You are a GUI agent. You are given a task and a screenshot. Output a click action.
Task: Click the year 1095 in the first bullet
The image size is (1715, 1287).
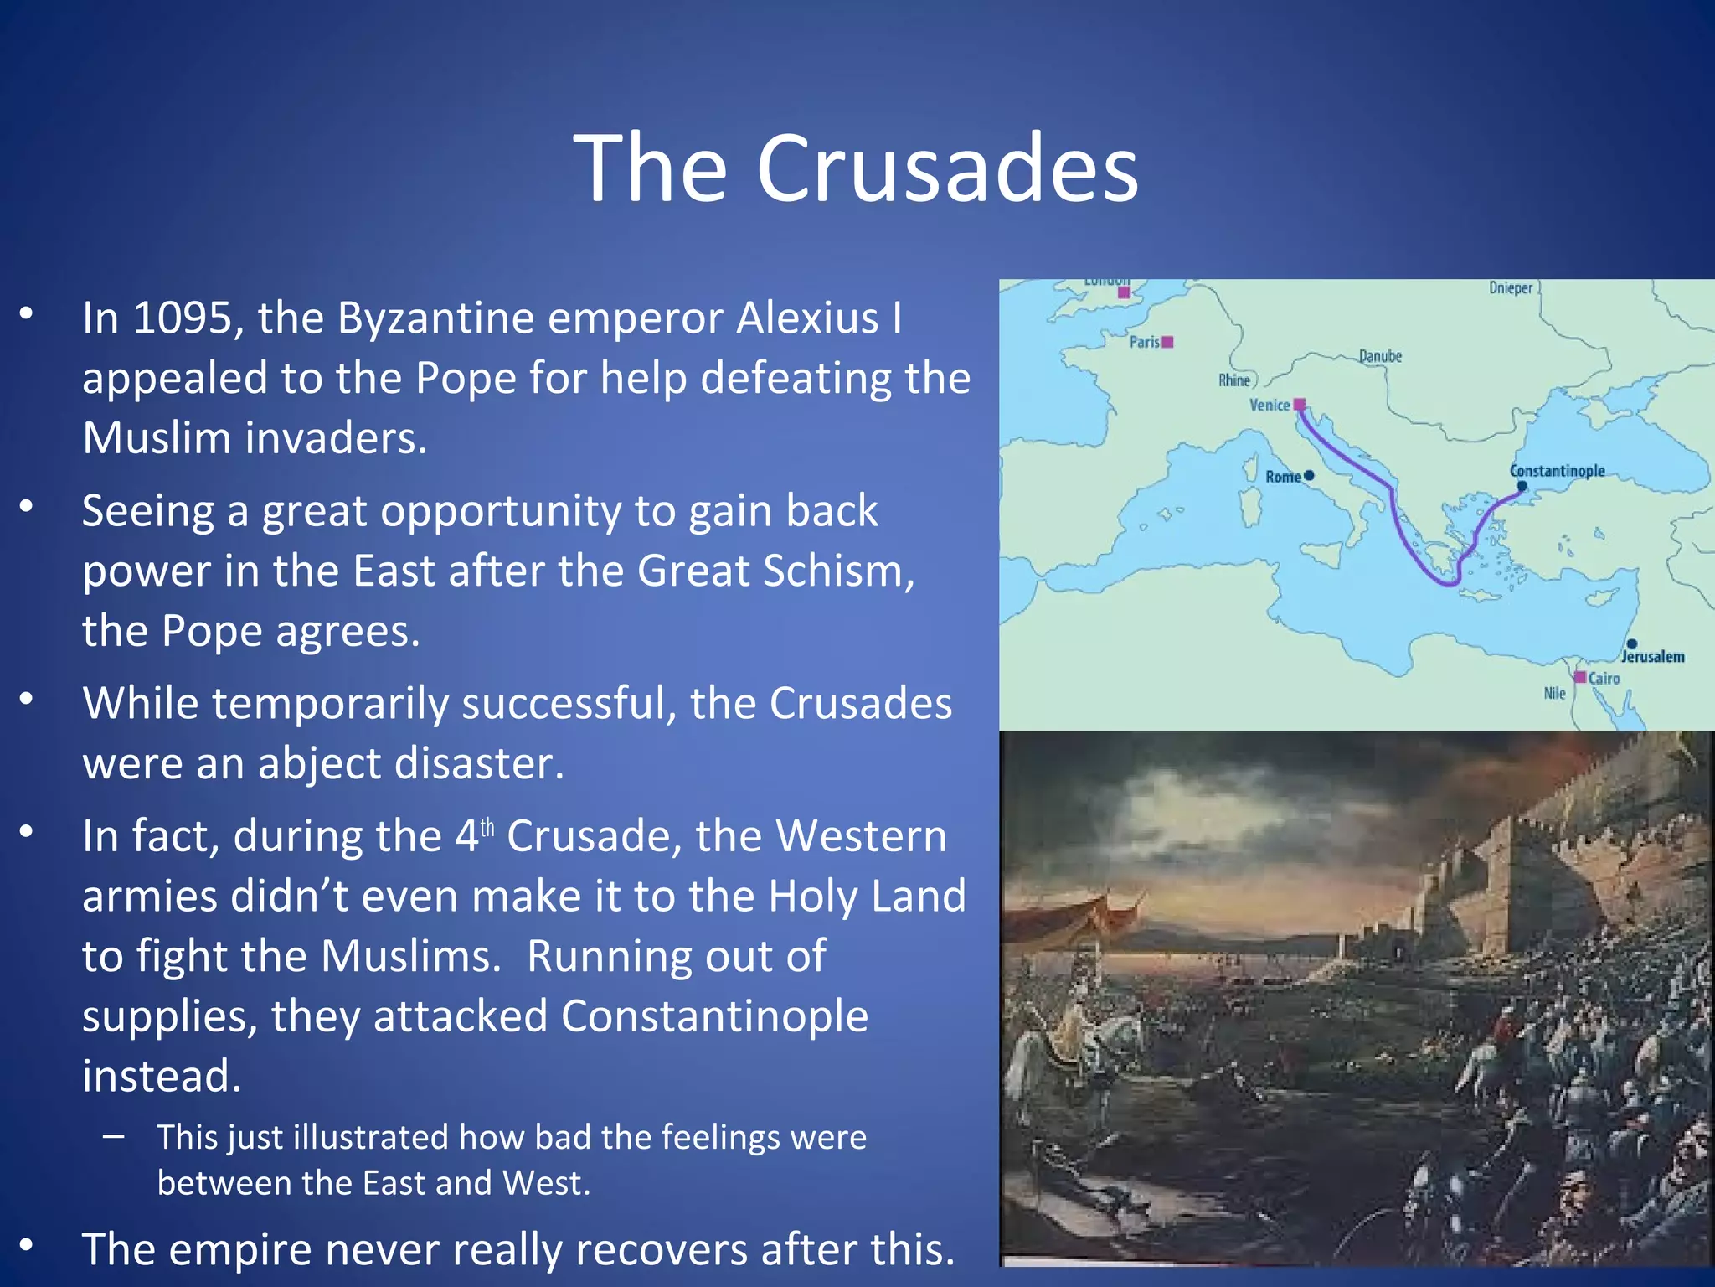183,319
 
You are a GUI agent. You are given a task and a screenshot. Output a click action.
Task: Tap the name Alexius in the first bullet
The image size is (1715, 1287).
807,319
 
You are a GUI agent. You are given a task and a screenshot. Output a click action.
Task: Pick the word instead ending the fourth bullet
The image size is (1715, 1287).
162,1077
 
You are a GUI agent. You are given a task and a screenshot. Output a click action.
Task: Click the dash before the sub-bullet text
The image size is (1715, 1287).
114,1137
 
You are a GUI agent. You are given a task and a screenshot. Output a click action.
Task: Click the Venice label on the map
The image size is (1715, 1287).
1269,406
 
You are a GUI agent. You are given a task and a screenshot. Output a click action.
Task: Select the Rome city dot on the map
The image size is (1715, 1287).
1310,475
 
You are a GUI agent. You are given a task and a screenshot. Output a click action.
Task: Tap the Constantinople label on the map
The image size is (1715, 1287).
1557,471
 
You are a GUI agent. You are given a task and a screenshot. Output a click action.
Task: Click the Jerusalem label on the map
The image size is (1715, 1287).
1653,657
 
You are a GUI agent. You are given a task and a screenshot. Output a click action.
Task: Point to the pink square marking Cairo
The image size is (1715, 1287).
1579,677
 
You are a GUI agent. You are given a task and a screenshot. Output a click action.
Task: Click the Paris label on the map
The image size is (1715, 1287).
1144,342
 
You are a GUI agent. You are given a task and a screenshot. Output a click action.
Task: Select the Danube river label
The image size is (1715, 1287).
1380,356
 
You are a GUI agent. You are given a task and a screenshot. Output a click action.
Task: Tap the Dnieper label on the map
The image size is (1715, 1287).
1511,288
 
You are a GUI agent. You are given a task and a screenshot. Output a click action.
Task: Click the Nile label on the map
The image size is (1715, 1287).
1554,693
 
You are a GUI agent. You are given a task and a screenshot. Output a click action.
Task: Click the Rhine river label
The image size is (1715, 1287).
1233,380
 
